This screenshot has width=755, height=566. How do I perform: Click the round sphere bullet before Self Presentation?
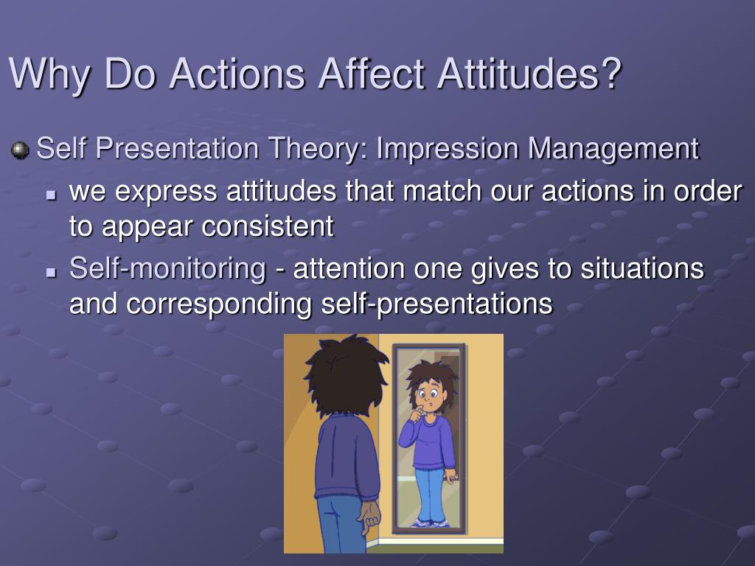(x=20, y=150)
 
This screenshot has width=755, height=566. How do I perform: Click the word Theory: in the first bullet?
(x=319, y=149)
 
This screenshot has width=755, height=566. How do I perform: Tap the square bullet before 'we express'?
(x=51, y=196)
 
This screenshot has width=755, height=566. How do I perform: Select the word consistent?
(x=268, y=226)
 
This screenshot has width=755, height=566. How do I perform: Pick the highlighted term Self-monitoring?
(x=167, y=268)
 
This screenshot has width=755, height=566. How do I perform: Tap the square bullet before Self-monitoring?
(x=51, y=273)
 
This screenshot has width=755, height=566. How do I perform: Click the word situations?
(x=642, y=268)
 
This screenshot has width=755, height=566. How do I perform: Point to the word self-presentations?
(x=436, y=304)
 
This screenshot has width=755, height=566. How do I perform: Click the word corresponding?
(x=218, y=304)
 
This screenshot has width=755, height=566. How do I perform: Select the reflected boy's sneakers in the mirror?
(x=431, y=523)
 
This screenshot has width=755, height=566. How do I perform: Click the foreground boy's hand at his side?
(x=370, y=518)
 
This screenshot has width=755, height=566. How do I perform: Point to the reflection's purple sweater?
(x=428, y=442)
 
